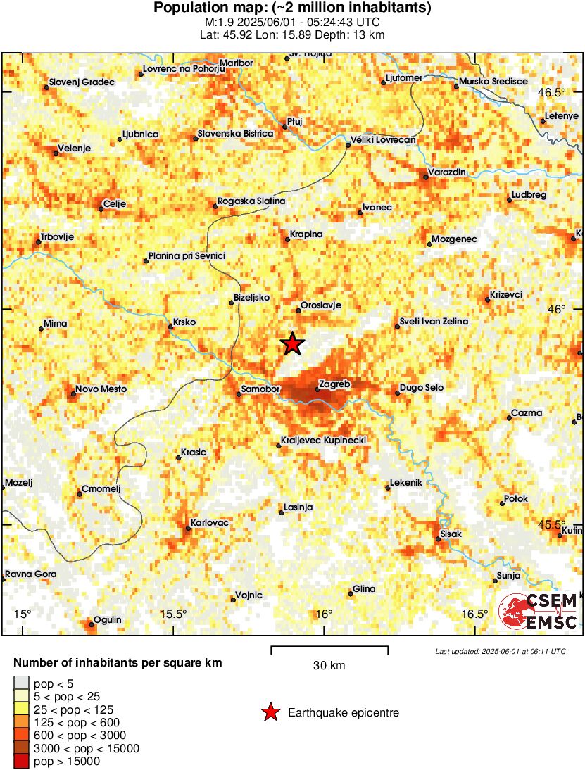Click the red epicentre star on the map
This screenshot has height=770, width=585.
tap(292, 343)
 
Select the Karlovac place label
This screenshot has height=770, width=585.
tap(209, 523)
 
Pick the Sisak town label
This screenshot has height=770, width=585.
tap(451, 534)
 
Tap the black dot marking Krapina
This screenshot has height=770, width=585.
tap(287, 240)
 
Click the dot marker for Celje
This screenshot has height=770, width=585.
tap(101, 208)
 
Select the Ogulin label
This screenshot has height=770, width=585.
tap(108, 619)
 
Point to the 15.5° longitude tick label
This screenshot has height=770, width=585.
tap(173, 614)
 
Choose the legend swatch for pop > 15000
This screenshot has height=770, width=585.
tap(22, 761)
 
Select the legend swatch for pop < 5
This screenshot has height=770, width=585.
tap(22, 683)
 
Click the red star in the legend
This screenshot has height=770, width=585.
tap(270, 713)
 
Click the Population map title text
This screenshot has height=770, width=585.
tap(292, 8)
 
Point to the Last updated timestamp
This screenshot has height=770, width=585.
tap(500, 651)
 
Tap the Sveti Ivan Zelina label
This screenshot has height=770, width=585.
tap(434, 322)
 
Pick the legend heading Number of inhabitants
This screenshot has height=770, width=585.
tap(118, 663)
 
